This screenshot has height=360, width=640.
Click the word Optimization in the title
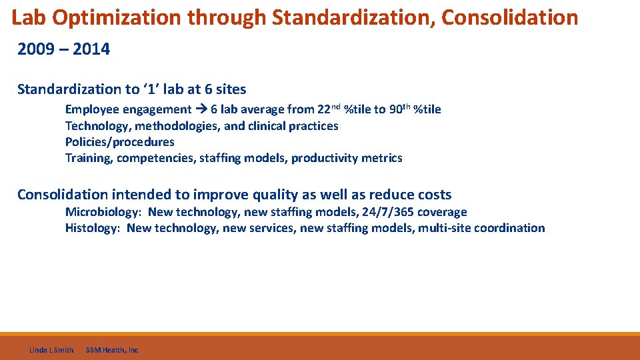pyautogui.click(x=117, y=17)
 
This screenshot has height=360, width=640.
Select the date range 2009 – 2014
pyautogui.click(x=63, y=49)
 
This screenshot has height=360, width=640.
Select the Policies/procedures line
pyautogui.click(x=119, y=142)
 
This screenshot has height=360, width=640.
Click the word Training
pyautogui.click(x=87, y=158)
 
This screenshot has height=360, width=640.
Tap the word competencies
pyautogui.click(x=151, y=158)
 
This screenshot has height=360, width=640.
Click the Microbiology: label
pyautogui.click(x=103, y=212)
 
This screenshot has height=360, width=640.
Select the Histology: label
pyautogui.click(x=93, y=228)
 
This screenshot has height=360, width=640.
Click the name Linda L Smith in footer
pyautogui.click(x=51, y=350)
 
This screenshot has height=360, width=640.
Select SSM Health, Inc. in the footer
pyautogui.click(x=113, y=350)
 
